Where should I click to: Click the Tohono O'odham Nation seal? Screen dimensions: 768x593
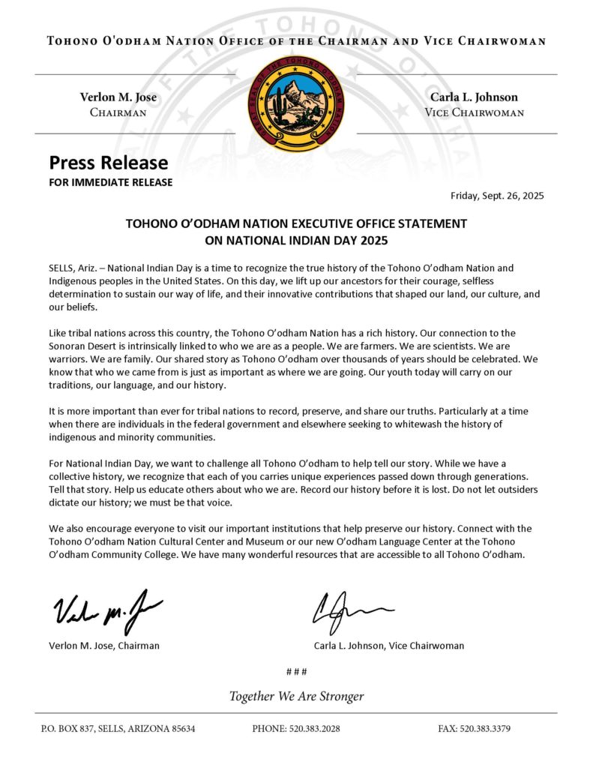[296, 103]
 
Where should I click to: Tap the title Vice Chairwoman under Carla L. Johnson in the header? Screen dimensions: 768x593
[474, 112]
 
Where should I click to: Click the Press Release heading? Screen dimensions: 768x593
[109, 163]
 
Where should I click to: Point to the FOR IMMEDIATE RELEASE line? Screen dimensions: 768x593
[111, 182]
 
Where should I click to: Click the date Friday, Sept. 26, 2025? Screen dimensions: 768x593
[497, 196]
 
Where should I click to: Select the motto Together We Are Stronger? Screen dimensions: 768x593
[296, 696]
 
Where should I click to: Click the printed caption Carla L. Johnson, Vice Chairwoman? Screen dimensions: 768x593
[389, 645]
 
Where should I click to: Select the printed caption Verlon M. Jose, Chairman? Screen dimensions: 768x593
[104, 645]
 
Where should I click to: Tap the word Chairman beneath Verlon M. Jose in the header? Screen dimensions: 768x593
[118, 112]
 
